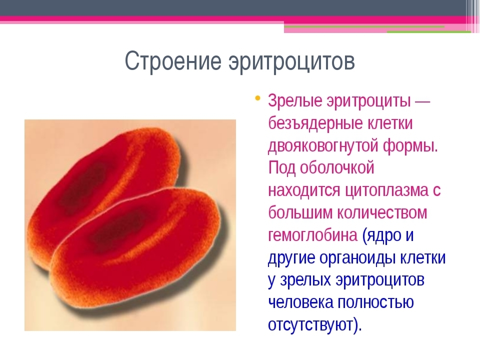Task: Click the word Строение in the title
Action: [173, 60]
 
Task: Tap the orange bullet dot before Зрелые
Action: [258, 98]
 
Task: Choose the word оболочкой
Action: [337, 168]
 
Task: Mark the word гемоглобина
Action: [313, 235]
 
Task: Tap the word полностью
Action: [376, 302]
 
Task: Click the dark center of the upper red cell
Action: [82, 186]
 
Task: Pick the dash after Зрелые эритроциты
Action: [422, 101]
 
